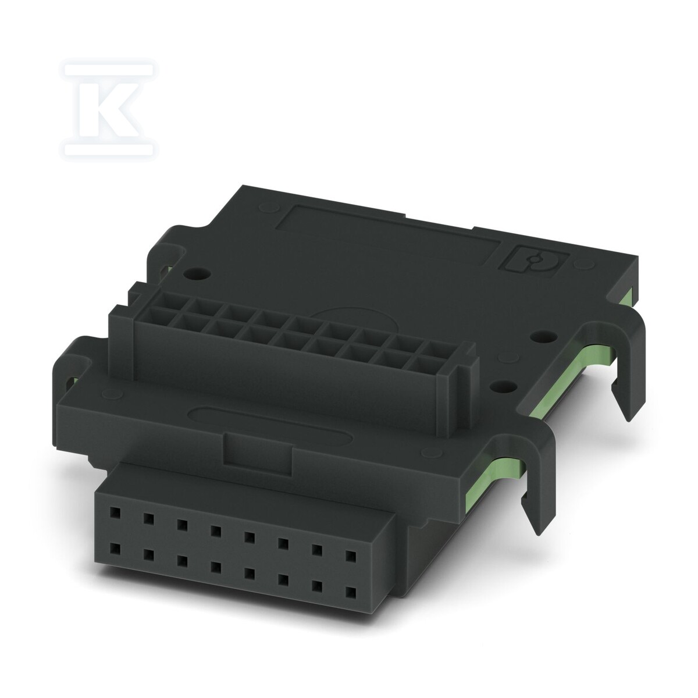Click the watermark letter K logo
coord(109,109)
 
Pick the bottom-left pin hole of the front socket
coord(115,549)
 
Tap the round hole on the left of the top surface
coord(197,273)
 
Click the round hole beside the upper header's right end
coord(542,337)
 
